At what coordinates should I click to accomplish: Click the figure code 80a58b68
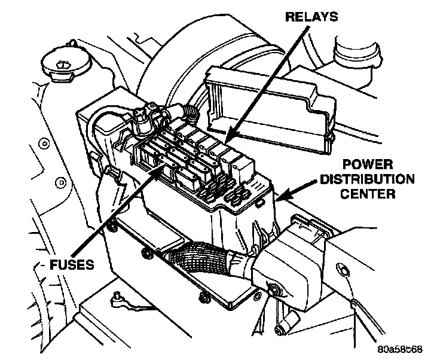point(403,347)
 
